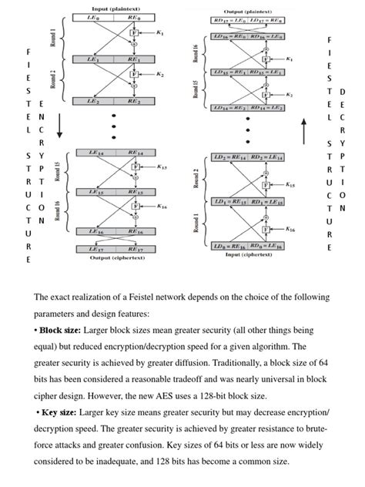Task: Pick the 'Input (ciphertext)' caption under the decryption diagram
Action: pyautogui.click(x=247, y=254)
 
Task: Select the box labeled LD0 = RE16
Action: pyautogui.click(x=228, y=246)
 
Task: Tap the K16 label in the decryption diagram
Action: pyautogui.click(x=290, y=229)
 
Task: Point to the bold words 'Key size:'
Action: pyautogui.click(x=62, y=412)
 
